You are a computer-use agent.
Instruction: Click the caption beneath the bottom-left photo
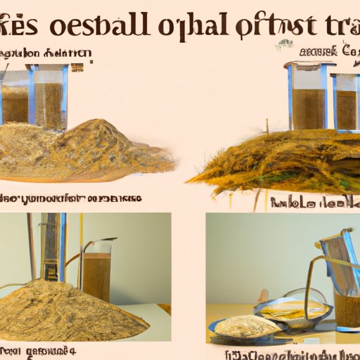coord(35,349)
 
